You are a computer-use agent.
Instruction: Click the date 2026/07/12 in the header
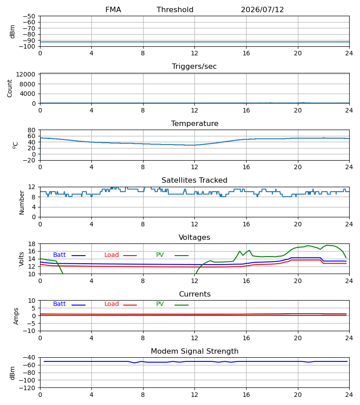(262, 10)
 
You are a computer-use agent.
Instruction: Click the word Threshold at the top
(175, 10)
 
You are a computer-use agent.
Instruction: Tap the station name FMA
(113, 10)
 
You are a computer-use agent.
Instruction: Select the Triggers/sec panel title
(194, 67)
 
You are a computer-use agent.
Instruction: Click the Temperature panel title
(194, 123)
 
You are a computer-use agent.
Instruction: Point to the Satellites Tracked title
(194, 180)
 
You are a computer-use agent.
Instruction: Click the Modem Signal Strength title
(194, 351)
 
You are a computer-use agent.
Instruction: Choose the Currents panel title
(195, 294)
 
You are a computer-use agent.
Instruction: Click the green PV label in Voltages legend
(160, 255)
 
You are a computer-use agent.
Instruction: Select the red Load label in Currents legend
(112, 304)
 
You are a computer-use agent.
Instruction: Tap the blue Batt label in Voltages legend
(59, 255)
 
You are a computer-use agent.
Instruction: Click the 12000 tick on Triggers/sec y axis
(26, 74)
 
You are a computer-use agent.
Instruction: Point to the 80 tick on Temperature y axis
(31, 130)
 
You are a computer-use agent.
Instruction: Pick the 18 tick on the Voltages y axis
(31, 244)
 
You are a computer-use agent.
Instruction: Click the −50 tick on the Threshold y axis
(29, 16)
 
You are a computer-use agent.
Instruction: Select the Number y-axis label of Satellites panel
(22, 202)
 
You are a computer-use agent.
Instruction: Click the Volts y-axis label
(21, 259)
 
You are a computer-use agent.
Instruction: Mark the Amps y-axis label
(16, 316)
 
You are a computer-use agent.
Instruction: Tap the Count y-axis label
(9, 89)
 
